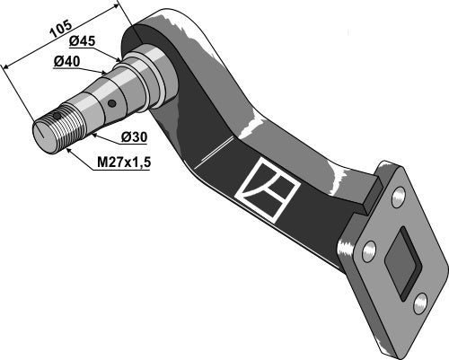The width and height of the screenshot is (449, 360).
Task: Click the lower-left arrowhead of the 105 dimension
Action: coord(7,66)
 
